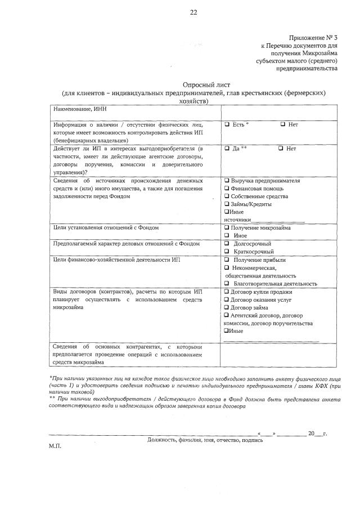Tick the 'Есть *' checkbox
[x=227, y=124]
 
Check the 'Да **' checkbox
[x=227, y=149]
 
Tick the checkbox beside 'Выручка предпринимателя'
[x=227, y=181]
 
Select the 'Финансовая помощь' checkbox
[x=227, y=189]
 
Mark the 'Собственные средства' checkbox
[x=227, y=196]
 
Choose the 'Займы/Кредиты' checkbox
[x=227, y=204]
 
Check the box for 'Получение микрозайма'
[x=227, y=227]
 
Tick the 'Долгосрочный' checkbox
[x=227, y=243]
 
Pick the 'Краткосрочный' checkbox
[x=227, y=251]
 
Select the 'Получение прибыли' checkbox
[x=227, y=260]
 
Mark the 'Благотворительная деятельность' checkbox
[x=227, y=284]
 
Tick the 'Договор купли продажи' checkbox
[x=227, y=292]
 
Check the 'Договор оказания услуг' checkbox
[x=227, y=300]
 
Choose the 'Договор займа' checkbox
[x=227, y=308]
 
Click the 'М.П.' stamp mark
[x=55, y=445]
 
